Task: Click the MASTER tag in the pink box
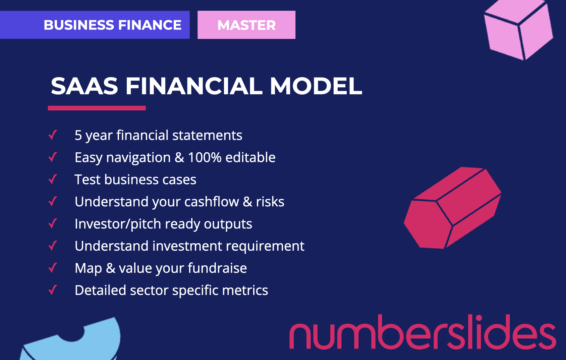(246, 25)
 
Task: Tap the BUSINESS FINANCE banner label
(112, 25)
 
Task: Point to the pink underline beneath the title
(97, 108)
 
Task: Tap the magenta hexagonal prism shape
(452, 208)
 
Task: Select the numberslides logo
(422, 332)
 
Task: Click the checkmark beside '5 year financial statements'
(53, 135)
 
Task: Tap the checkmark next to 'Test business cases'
(53, 179)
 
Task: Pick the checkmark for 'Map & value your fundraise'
(53, 268)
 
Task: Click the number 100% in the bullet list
(205, 157)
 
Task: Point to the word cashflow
(212, 202)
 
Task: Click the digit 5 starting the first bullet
(78, 135)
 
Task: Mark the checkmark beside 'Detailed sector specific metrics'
(53, 290)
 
